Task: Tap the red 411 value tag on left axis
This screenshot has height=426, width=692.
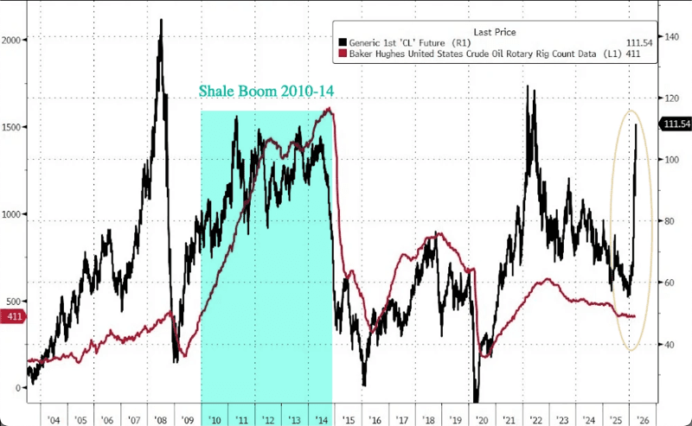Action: pyautogui.click(x=13, y=317)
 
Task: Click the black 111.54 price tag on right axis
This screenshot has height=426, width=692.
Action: pyautogui.click(x=676, y=125)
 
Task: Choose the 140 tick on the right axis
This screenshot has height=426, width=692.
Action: pyautogui.click(x=669, y=37)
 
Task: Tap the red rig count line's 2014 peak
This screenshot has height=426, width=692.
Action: pyautogui.click(x=329, y=108)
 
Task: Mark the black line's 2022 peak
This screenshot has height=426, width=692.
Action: pyautogui.click(x=528, y=86)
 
